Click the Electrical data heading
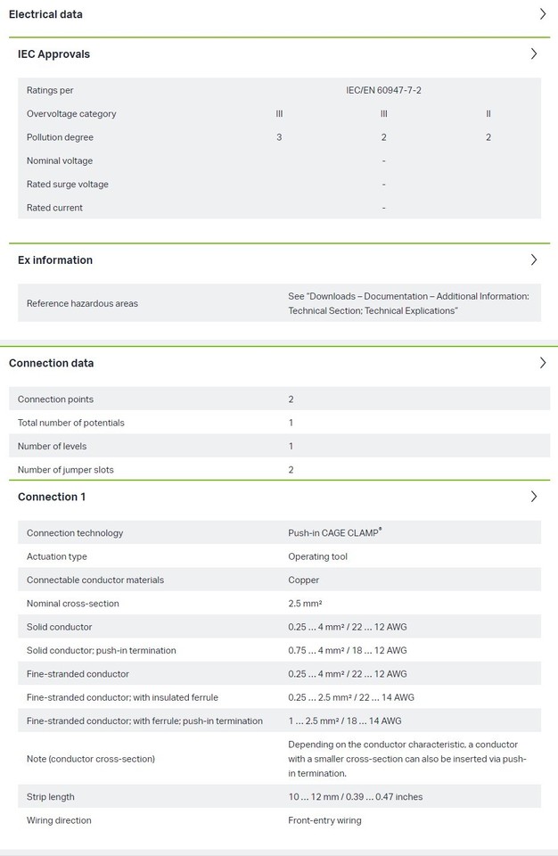(45, 14)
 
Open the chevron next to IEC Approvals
(534, 53)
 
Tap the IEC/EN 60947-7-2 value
(383, 90)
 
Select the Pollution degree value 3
(279, 137)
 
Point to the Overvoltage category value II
(488, 114)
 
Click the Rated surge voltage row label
(68, 185)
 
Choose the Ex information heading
(55, 260)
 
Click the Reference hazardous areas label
(82, 303)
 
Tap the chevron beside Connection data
(543, 363)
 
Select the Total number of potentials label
(71, 423)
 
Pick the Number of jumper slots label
(66, 470)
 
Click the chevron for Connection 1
(534, 497)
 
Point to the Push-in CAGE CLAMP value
(334, 533)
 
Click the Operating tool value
(317, 556)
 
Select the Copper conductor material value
(303, 580)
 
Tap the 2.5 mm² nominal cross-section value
(305, 604)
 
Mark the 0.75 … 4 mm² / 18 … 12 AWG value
(347, 651)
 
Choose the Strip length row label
(51, 797)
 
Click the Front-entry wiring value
(324, 820)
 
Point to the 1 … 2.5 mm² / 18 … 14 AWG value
(344, 721)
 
